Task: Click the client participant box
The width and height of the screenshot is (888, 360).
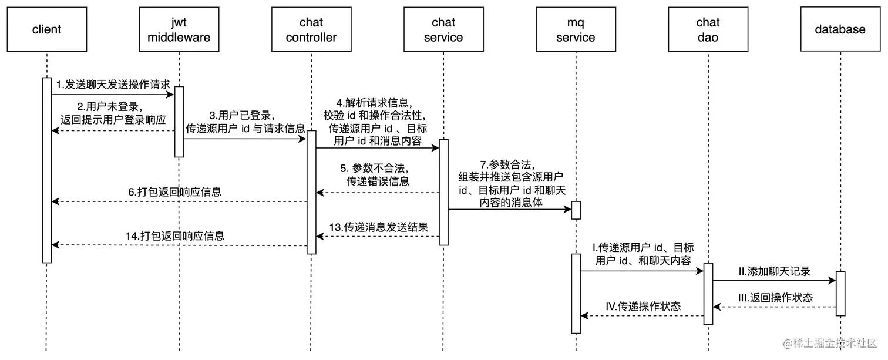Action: pos(47,29)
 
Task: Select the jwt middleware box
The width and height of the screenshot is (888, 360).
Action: pos(179,29)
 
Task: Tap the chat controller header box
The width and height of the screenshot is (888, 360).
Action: pos(311,29)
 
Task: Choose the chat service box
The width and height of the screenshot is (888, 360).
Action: pos(443,29)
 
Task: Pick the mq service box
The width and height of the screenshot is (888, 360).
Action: pos(576,29)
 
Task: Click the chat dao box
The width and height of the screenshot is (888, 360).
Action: pos(708,29)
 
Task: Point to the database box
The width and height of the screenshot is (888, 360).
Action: pos(840,29)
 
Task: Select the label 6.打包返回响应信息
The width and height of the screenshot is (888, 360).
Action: pos(174,192)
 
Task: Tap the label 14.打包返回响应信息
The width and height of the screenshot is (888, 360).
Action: pos(174,236)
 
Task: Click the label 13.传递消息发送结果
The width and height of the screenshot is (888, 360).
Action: pos(378,227)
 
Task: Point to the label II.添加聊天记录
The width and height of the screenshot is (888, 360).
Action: pos(774,271)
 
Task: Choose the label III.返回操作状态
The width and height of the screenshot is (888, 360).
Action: pos(775,298)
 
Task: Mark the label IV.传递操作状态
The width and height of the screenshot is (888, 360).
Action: pos(643,306)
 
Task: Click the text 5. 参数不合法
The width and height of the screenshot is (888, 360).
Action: pos(378,167)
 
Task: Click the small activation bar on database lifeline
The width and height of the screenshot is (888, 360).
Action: pos(840,294)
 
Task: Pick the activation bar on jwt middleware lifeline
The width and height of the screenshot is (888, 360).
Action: pos(179,122)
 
